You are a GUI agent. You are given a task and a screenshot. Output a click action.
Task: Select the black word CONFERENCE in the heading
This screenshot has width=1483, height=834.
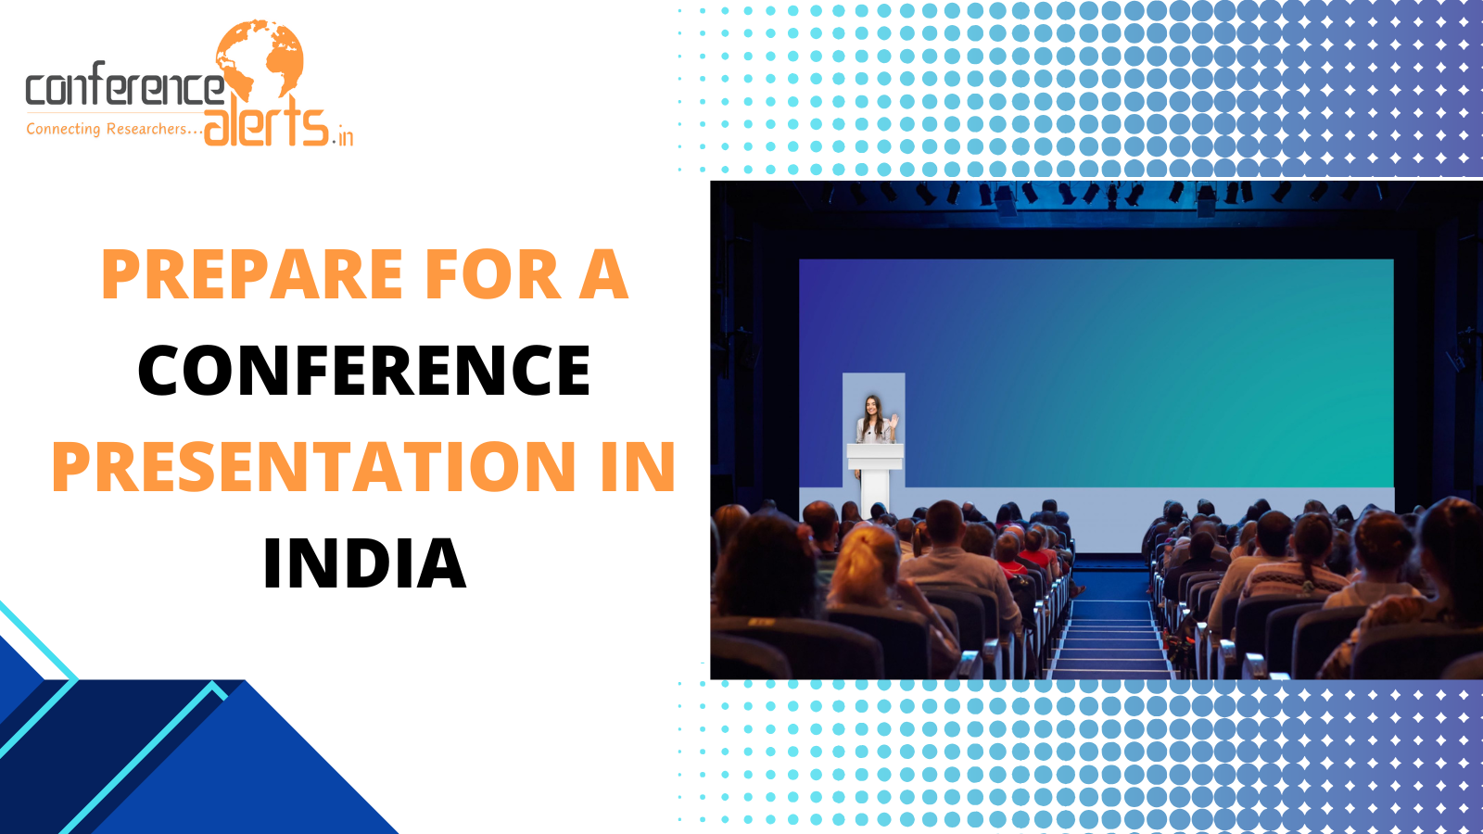click(x=364, y=370)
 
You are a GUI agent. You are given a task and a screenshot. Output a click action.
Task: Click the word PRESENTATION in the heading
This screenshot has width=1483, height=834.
click(x=314, y=466)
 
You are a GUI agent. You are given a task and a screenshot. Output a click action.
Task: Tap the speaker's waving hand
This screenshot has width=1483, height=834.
click(x=894, y=421)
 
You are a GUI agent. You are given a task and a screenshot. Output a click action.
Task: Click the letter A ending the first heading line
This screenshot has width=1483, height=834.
click(x=603, y=274)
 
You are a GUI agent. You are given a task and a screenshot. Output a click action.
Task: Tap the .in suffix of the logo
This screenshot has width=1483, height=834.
click(x=343, y=136)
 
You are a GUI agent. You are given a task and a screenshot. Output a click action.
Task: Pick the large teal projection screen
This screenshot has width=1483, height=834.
click(x=1096, y=373)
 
